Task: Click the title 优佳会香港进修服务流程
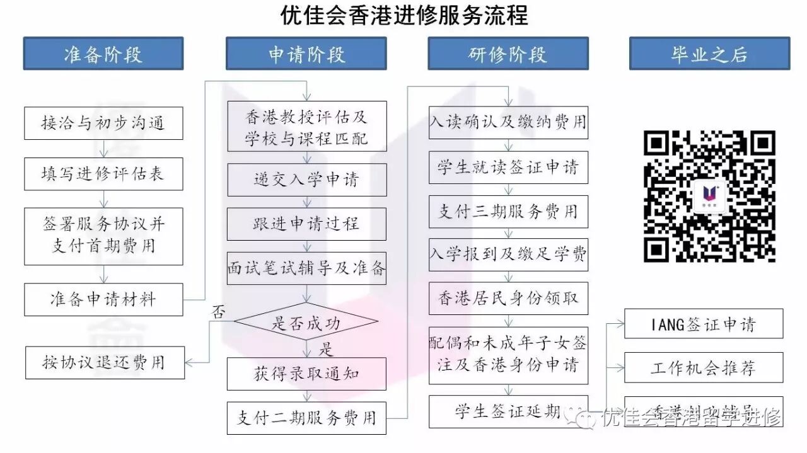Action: point(404,16)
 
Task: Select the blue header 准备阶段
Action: point(103,54)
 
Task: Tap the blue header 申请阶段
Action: point(306,54)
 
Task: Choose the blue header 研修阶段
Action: point(508,54)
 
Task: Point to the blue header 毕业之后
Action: point(709,54)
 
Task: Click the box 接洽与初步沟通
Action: point(103,123)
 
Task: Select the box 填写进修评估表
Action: point(103,174)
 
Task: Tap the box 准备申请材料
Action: point(103,299)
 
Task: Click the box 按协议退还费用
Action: point(105,362)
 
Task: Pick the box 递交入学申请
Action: point(306,180)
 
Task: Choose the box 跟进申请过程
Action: point(306,224)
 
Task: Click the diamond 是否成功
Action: point(306,323)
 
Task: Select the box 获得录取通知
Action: point(306,374)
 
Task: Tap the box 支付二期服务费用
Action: point(306,418)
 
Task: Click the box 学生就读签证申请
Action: point(508,168)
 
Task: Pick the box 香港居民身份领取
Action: point(508,298)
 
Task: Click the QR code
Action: point(709,196)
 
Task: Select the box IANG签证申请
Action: point(704,324)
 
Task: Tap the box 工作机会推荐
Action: point(704,368)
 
